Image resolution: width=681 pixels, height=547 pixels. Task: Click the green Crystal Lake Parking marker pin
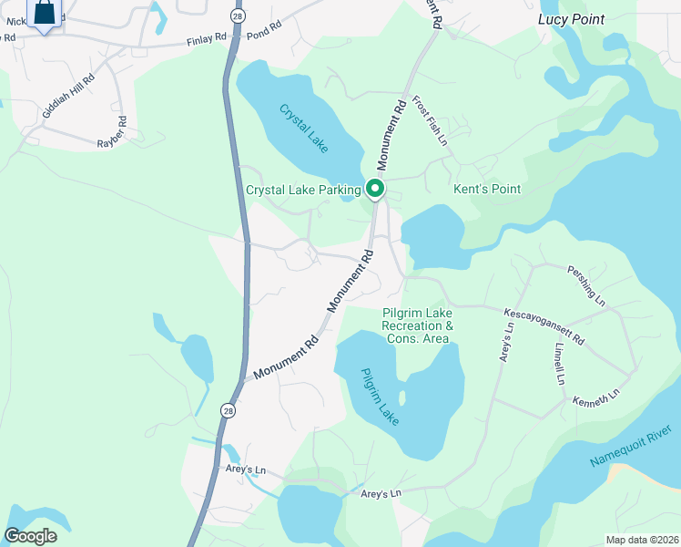pos(374,189)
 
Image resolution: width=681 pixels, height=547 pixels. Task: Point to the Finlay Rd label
pos(206,40)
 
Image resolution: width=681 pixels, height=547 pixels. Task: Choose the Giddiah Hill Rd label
pos(67,92)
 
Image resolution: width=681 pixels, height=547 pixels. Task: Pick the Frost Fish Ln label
pos(430,121)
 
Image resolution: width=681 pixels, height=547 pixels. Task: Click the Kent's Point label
pos(487,190)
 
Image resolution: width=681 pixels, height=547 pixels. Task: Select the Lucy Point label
pos(571,19)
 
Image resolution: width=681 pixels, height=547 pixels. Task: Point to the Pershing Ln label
pos(586,284)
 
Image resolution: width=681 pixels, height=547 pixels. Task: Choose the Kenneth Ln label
pos(596,398)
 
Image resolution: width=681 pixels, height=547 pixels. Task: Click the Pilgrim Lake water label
pos(378,395)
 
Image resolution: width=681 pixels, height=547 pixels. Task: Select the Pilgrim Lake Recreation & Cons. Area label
pos(415,325)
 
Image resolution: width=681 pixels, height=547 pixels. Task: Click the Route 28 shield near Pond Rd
pos(237,16)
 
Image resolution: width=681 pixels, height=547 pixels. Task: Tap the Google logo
pos(31,536)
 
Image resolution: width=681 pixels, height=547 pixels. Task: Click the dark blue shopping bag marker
pos(45,13)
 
